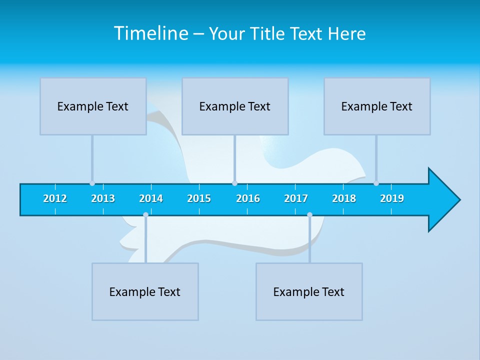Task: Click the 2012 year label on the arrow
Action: tap(55, 198)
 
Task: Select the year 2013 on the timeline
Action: tap(103, 198)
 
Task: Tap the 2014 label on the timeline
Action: tap(151, 198)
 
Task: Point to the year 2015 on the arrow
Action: tap(199, 198)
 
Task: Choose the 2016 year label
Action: tap(248, 198)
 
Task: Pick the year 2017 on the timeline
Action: tap(296, 198)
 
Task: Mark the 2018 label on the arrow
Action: tap(344, 198)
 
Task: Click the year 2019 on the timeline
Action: tap(392, 198)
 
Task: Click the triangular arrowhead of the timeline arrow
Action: tap(442, 200)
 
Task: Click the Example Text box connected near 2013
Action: tap(93, 106)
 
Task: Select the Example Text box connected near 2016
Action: tap(235, 106)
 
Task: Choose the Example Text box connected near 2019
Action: tap(377, 106)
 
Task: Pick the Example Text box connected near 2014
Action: tap(145, 291)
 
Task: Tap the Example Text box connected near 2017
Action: tap(309, 291)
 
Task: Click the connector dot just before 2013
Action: tap(92, 183)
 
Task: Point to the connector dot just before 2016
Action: tap(234, 183)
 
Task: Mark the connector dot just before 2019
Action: tap(376, 183)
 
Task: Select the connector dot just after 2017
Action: tap(309, 215)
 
